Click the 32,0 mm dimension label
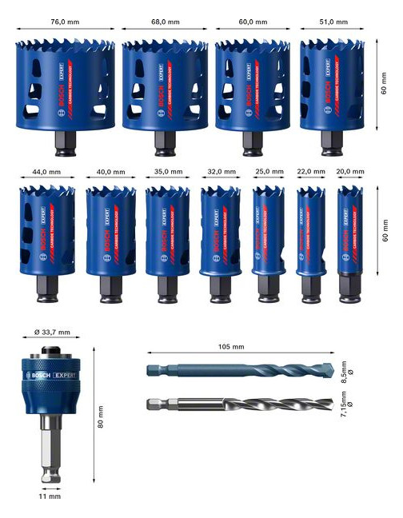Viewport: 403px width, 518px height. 221,172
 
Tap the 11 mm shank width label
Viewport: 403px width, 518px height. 50,496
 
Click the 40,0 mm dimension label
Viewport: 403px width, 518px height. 110,172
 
